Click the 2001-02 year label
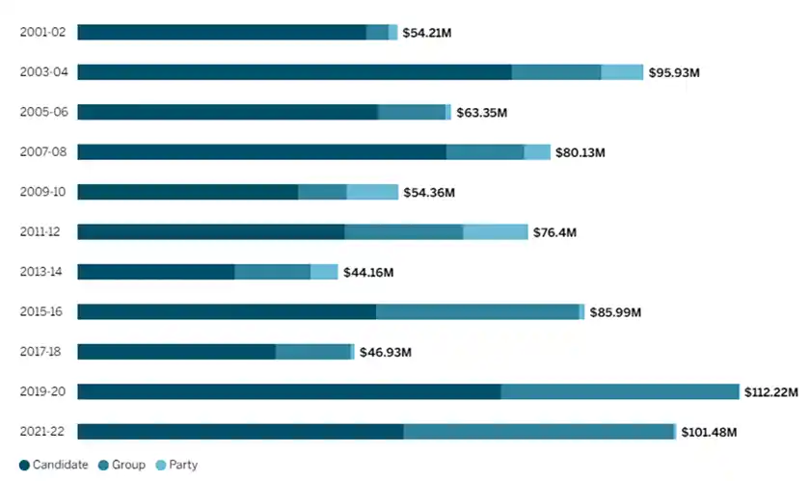[43, 33]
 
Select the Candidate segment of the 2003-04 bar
[294, 72]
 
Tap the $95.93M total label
[673, 72]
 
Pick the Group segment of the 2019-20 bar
[620, 391]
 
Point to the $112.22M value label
[773, 391]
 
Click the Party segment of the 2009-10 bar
[372, 192]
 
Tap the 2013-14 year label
[43, 272]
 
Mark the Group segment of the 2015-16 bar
[477, 311]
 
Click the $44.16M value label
[368, 272]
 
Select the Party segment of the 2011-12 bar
[496, 231]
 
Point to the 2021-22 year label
[43, 432]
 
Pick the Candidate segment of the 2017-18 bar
[176, 352]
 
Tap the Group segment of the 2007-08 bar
[485, 152]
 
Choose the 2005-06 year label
[43, 112]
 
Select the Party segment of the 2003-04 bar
[622, 72]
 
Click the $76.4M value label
[557, 231]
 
